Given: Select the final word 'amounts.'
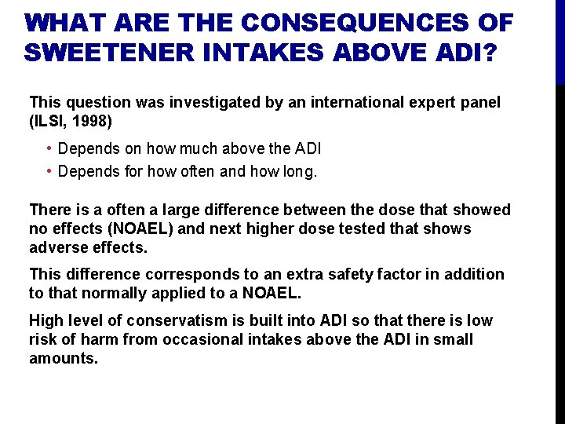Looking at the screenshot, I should [64, 358].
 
